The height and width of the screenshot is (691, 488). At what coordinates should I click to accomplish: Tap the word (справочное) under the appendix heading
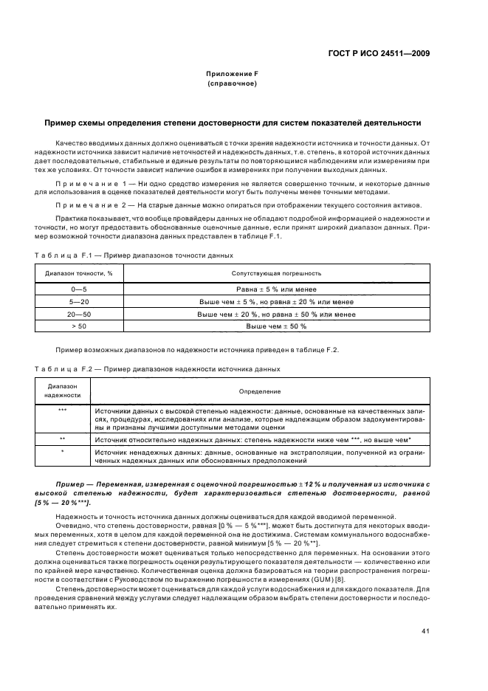pyautogui.click(x=232, y=84)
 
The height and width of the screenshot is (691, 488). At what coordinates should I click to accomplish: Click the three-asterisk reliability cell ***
pyautogui.click(x=63, y=410)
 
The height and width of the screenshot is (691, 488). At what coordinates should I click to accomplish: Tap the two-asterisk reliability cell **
pyautogui.click(x=63, y=439)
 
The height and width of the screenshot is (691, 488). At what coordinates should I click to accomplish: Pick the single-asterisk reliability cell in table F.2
pyautogui.click(x=63, y=451)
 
